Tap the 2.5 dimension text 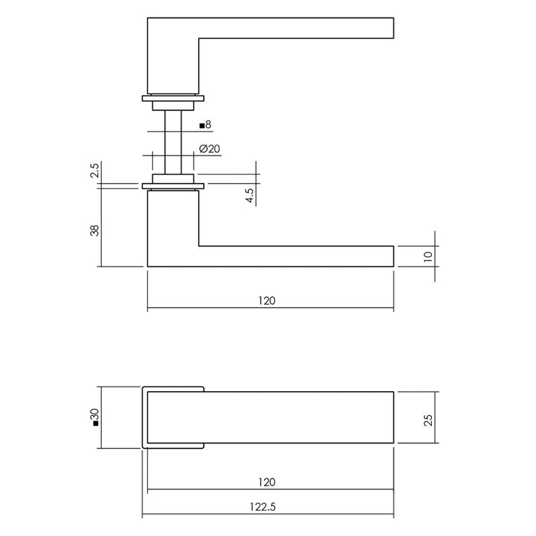(x=95, y=170)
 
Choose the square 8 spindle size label (x=204, y=124)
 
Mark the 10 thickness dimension (x=427, y=256)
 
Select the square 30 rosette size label (x=95, y=417)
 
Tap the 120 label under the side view (x=267, y=301)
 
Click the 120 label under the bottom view (x=267, y=482)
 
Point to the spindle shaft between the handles (x=173, y=142)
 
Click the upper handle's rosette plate (x=173, y=98)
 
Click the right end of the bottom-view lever (x=387, y=418)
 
